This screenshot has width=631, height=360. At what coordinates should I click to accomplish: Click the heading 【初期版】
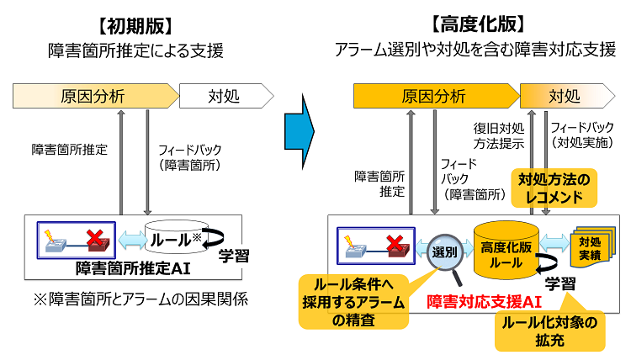click(x=135, y=23)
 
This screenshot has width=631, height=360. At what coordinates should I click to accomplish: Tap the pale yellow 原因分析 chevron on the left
click(x=93, y=96)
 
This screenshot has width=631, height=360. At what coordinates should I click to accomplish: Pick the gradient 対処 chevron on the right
click(x=565, y=95)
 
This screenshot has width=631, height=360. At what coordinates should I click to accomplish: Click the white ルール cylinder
click(x=174, y=239)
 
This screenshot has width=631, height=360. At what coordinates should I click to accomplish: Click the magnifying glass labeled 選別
click(x=443, y=251)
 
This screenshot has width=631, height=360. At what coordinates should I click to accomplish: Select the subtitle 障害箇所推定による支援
click(x=135, y=50)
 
